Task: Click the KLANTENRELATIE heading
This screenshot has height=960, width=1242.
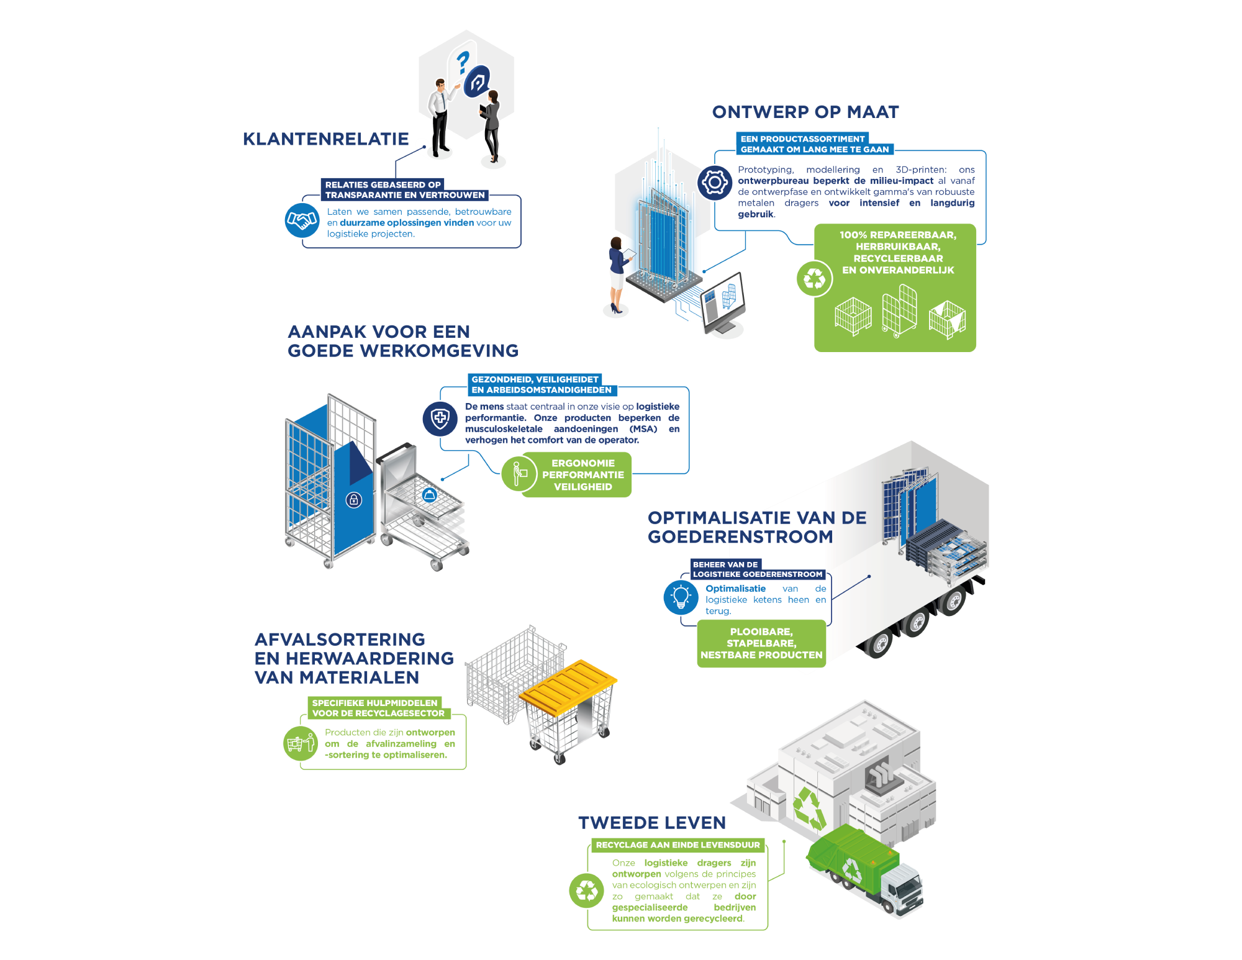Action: coord(325,139)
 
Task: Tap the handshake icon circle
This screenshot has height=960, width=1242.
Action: coord(302,220)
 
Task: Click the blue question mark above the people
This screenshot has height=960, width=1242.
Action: coord(462,63)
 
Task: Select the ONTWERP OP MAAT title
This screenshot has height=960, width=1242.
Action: coord(805,112)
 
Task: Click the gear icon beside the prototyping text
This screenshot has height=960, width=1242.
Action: coord(714,183)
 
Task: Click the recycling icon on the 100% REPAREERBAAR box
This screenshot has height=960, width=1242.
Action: coord(814,278)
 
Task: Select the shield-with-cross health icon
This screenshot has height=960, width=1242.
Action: coord(440,418)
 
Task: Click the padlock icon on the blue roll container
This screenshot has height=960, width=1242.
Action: coord(353,500)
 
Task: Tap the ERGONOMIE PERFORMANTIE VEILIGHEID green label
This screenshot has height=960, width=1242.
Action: coord(582,475)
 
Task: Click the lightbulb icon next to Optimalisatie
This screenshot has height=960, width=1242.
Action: coord(681,597)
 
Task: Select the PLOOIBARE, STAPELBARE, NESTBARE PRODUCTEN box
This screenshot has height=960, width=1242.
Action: coord(761,643)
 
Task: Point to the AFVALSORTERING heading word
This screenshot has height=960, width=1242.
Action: coord(340,640)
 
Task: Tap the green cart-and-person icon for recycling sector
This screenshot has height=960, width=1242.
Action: coord(301,743)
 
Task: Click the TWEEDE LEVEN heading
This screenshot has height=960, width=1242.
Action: coord(651,823)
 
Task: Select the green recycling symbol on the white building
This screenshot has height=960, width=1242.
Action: coord(809,808)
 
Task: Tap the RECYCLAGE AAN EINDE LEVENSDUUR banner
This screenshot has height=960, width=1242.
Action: coord(678,845)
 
